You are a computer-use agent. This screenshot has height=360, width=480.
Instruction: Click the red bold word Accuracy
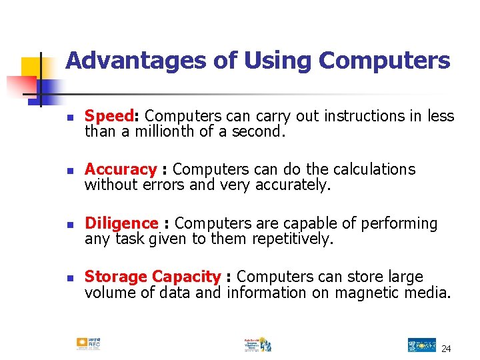click(120, 170)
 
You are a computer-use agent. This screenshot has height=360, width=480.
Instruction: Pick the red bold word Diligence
click(121, 223)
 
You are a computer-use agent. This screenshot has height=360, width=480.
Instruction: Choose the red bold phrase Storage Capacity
click(153, 277)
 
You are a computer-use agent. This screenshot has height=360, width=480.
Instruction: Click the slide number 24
click(446, 349)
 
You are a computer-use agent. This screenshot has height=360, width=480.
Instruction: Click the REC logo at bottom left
click(88, 343)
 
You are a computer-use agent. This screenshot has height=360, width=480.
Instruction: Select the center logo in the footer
click(257, 343)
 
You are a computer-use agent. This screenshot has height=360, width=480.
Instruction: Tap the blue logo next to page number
click(421, 345)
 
